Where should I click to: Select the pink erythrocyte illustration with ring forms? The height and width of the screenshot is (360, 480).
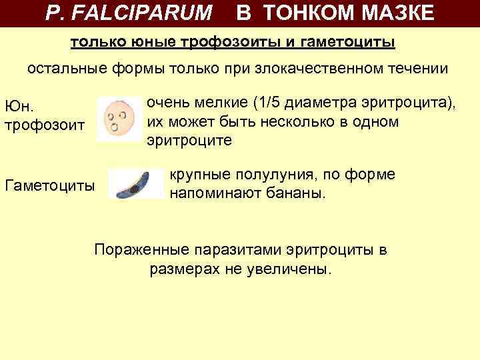click(120, 119)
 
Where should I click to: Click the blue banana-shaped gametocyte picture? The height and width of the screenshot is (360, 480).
click(136, 185)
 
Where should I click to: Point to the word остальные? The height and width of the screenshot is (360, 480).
click(64, 69)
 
